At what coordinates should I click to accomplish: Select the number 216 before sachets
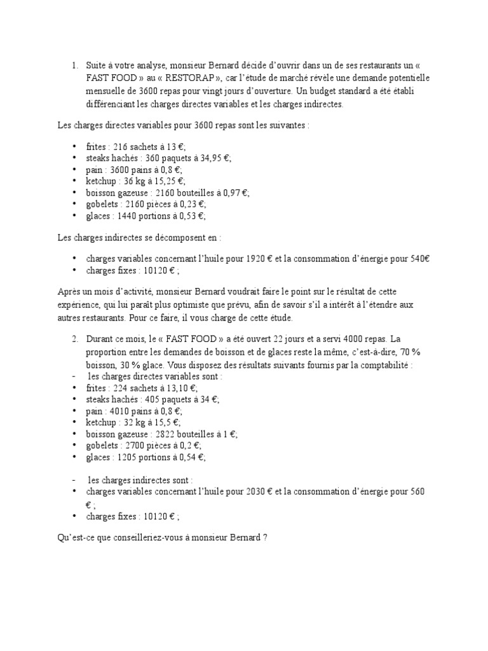pyautogui.click(x=121, y=147)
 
